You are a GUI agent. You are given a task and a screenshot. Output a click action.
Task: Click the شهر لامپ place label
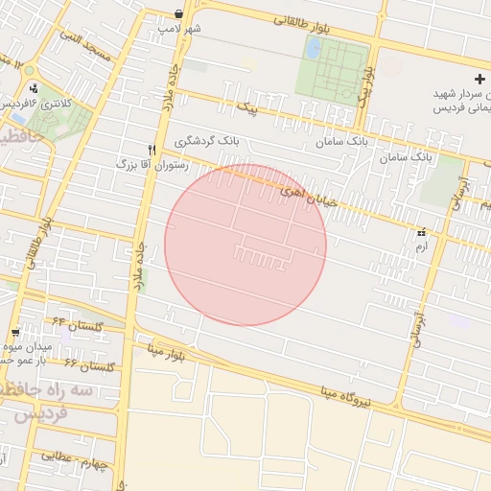pos(180,29)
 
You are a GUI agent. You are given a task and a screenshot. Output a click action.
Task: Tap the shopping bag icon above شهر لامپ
pos(180,13)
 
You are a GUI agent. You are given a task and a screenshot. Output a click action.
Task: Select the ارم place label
pos(421,247)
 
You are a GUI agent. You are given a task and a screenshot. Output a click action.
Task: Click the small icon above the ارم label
pos(421,233)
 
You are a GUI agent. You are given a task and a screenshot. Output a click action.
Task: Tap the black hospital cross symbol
pos(480,78)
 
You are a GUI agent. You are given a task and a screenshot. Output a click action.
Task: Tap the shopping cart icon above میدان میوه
pos(14,332)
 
